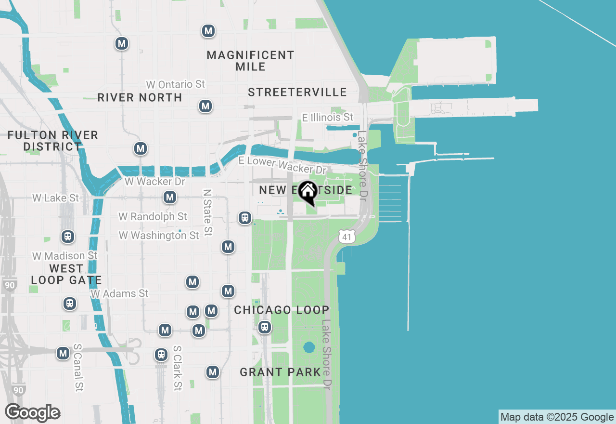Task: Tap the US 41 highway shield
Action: [x=346, y=236]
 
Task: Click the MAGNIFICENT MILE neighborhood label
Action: [x=250, y=61]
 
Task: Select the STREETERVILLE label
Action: [x=297, y=92]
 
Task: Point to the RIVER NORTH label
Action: [x=140, y=97]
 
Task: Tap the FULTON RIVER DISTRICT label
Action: [x=52, y=141]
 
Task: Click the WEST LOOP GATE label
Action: [x=66, y=274]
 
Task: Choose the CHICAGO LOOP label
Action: [x=282, y=310]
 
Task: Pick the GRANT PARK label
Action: [x=280, y=372]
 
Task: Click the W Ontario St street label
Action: [x=175, y=84]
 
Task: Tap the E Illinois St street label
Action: [x=327, y=117]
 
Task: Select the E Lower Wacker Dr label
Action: [x=282, y=165]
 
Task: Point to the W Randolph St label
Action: [x=153, y=217]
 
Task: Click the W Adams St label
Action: [x=120, y=293]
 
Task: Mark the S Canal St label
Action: [x=78, y=367]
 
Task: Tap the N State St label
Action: [x=207, y=212]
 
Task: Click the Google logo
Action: [x=32, y=413]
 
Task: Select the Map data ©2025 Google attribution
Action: [x=557, y=417]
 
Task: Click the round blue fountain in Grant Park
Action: [x=309, y=347]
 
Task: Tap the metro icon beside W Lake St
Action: [x=169, y=197]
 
